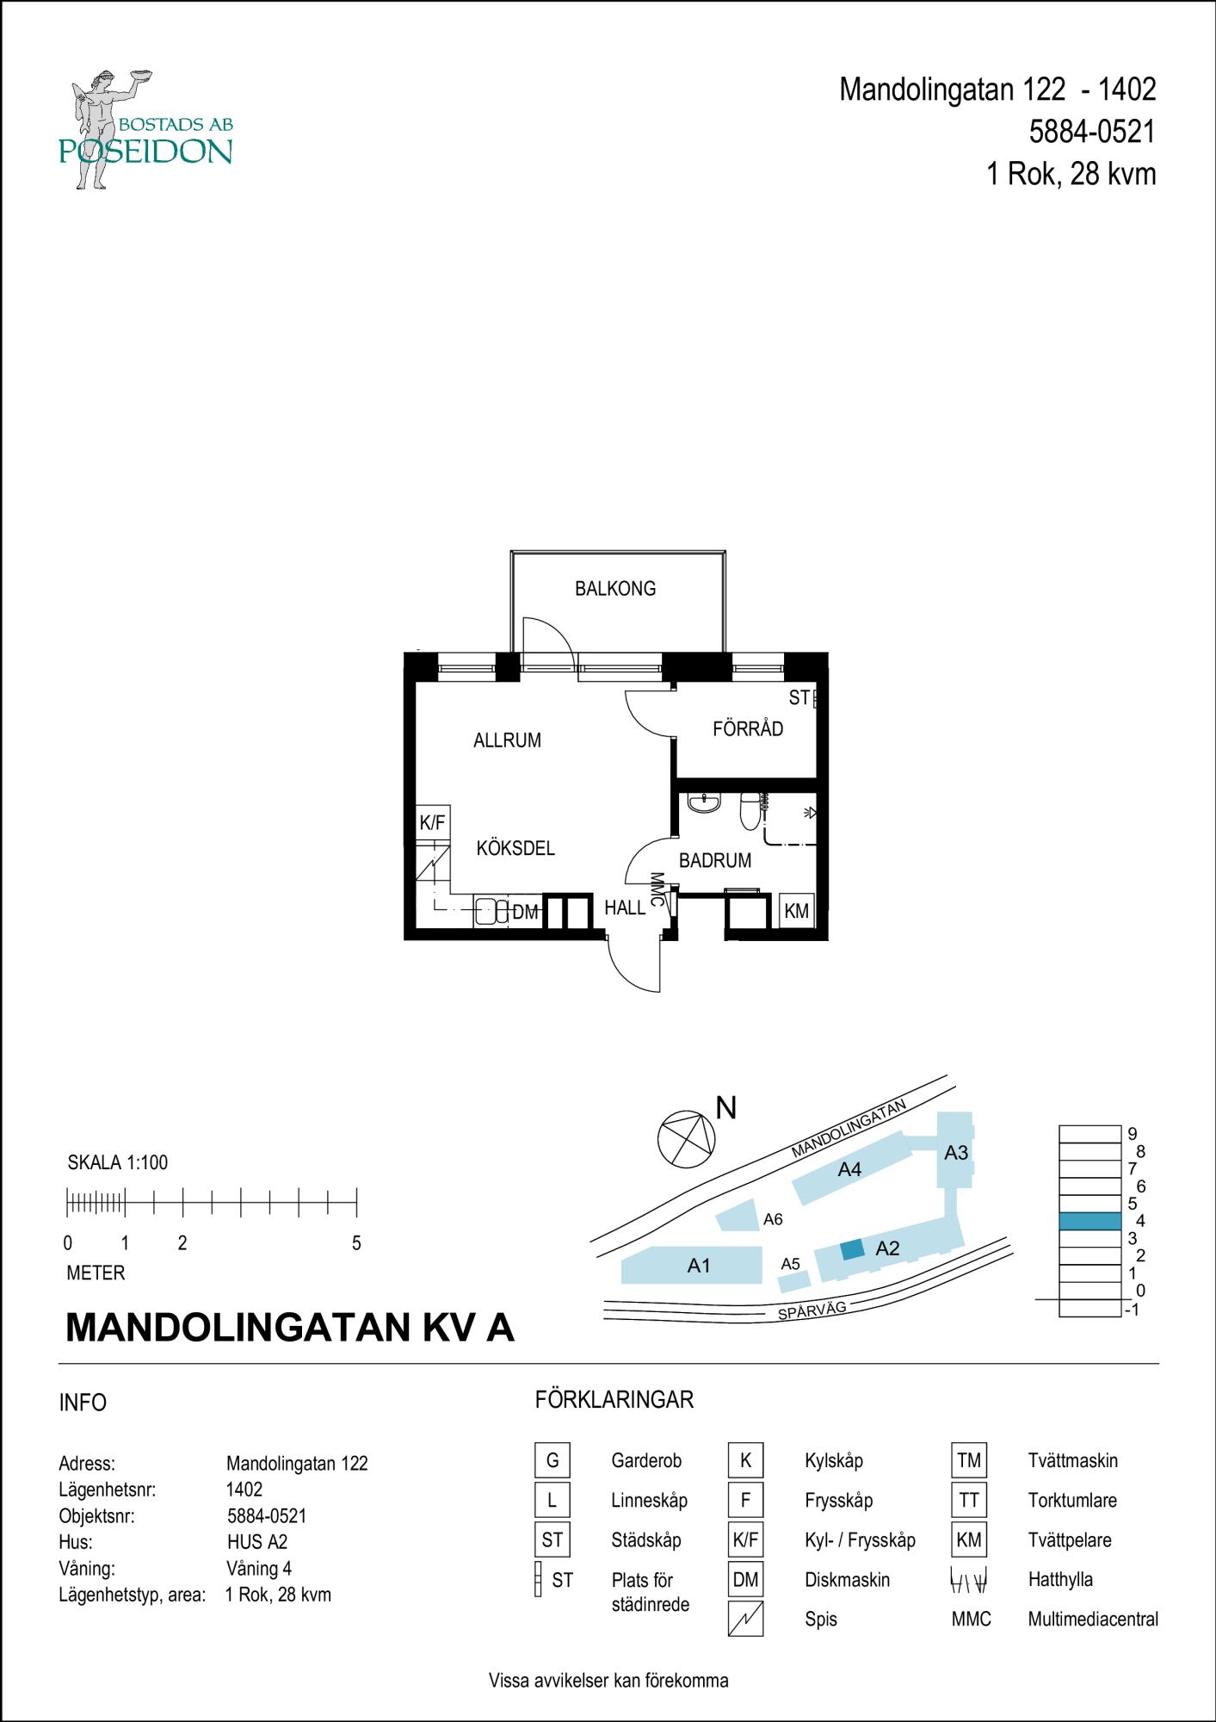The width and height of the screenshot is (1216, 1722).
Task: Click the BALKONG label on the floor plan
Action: (614, 589)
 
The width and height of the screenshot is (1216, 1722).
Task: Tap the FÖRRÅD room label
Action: (748, 729)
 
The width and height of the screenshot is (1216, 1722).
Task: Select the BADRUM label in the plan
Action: (714, 860)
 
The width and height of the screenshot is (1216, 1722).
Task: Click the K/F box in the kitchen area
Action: (432, 823)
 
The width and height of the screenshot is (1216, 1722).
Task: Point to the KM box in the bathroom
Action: (796, 911)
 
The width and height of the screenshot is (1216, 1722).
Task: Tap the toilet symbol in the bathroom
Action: (750, 809)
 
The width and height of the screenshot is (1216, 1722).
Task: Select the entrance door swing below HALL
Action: (635, 964)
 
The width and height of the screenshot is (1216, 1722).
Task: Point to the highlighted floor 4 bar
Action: (1089, 1221)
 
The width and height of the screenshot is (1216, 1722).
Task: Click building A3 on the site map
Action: (955, 1152)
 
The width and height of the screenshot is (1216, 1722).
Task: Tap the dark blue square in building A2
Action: (852, 1250)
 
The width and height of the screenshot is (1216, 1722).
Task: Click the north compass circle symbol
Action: (686, 1140)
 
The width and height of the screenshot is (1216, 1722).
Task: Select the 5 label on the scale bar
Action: (356, 1243)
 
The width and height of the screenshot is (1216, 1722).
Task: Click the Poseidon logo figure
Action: (99, 129)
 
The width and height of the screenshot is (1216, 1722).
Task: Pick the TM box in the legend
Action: (968, 1460)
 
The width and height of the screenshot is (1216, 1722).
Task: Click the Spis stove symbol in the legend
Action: (745, 1619)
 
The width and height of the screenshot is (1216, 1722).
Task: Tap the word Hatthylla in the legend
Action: (1060, 1579)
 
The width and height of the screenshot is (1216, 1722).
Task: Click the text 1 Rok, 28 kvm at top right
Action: (1071, 175)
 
